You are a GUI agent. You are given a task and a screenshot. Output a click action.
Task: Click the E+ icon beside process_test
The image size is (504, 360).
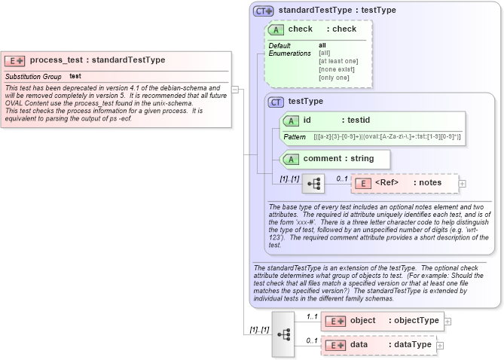click(15, 60)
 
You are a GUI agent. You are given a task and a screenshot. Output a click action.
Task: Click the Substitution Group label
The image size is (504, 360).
click(33, 77)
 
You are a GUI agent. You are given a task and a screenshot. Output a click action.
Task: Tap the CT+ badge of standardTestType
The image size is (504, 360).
click(263, 11)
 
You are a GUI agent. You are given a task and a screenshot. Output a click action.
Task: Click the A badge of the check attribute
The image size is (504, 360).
click(276, 29)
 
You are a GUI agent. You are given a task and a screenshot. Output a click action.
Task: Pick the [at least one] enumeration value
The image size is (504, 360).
click(338, 61)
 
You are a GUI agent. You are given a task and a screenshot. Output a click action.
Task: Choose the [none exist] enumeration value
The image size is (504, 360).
click(335, 69)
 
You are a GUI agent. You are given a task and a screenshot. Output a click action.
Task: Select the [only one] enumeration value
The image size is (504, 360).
click(334, 78)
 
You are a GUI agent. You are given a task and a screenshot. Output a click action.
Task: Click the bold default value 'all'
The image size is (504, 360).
click(322, 45)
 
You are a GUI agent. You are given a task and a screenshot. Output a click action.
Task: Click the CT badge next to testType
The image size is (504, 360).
click(276, 102)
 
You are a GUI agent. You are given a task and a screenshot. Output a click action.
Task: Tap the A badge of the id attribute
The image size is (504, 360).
click(291, 121)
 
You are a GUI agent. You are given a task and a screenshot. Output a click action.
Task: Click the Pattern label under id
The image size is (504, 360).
click(295, 137)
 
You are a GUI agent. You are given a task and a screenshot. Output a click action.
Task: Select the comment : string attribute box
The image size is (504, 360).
click(335, 159)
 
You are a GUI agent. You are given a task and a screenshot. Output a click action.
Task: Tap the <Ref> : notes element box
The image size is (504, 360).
click(405, 183)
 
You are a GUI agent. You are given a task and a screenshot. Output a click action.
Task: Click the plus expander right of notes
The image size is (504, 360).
click(463, 183)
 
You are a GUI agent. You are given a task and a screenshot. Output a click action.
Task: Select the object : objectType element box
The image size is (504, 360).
click(381, 321)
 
